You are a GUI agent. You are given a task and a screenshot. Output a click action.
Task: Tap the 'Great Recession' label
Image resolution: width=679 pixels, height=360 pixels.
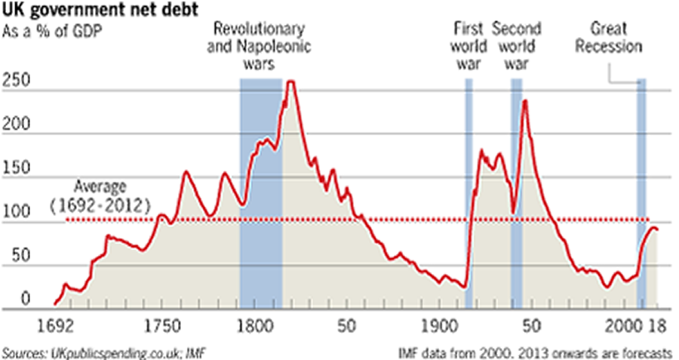tap(615, 38)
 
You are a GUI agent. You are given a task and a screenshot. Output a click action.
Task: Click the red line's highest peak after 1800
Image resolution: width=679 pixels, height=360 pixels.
tap(290, 82)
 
